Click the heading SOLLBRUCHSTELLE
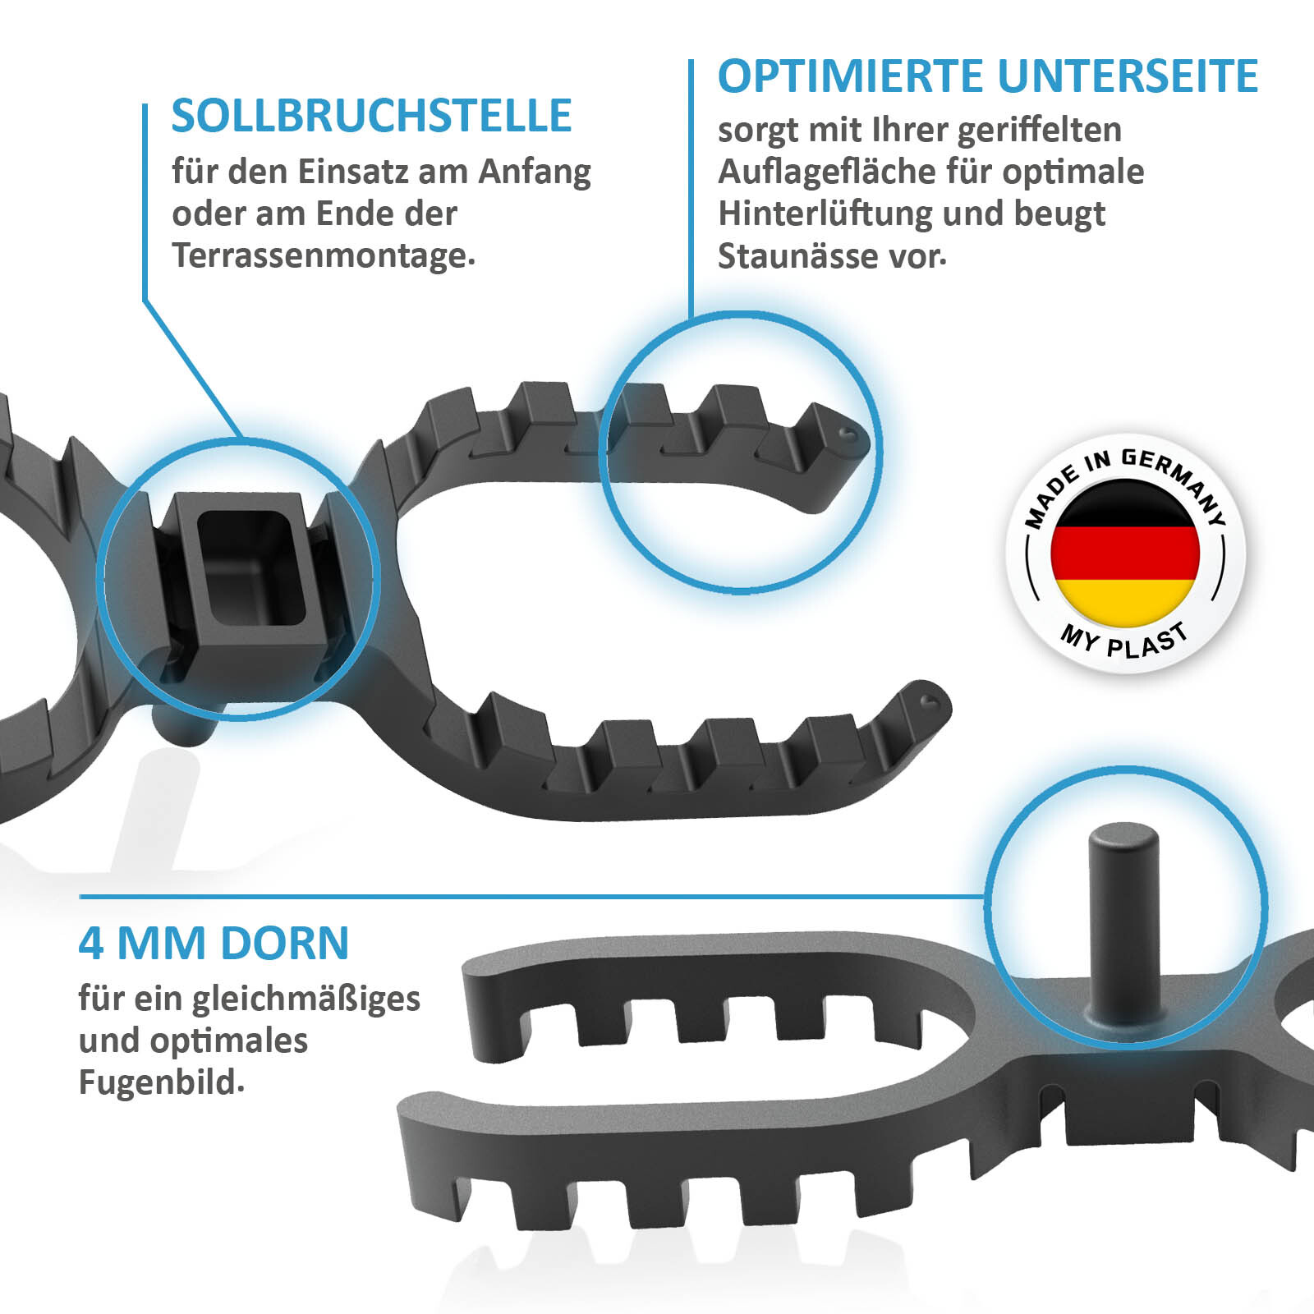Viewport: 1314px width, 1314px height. (371, 116)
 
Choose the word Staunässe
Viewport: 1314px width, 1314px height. (794, 255)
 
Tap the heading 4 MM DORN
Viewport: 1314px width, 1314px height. (214, 943)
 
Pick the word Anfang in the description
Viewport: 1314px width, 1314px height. (535, 172)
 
